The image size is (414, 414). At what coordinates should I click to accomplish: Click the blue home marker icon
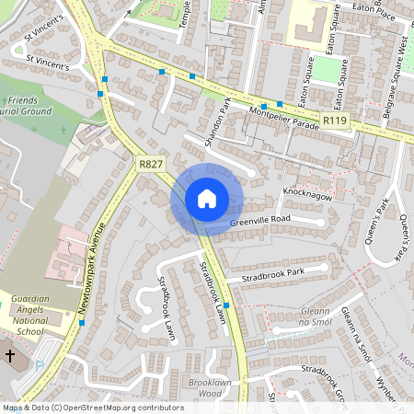click(207, 199)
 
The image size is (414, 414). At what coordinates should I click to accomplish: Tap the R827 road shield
click(150, 164)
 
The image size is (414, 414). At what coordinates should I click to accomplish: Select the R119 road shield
click(334, 120)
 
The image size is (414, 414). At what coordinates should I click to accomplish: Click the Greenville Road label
click(260, 219)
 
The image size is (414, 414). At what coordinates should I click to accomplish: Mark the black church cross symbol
click(10, 355)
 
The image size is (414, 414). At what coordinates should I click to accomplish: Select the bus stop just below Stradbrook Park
click(226, 305)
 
